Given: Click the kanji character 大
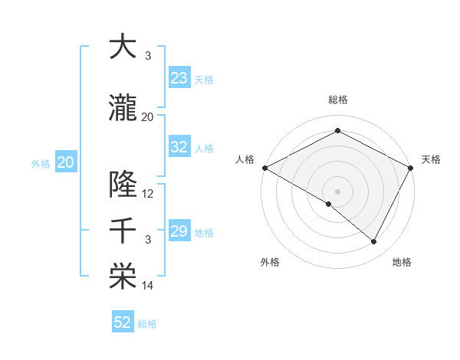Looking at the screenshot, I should coord(123,47).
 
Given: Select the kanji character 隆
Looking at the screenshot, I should coord(123,185).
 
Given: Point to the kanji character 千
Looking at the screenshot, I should coord(123,231).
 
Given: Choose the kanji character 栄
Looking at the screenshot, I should coord(123,277).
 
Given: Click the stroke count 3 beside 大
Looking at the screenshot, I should coord(148,56).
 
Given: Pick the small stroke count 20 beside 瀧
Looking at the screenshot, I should coord(148,117).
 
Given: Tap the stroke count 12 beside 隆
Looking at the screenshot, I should coord(148,194).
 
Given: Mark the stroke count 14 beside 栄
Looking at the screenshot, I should coord(148,286).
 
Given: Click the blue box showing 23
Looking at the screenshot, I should coord(179,77).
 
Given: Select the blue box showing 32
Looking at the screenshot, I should coord(179,147).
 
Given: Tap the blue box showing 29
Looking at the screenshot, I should coord(179,231).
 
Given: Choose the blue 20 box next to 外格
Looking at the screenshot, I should coord(65,162).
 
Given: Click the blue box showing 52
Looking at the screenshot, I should coord(123,322).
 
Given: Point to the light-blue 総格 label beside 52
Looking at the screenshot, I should coord(147,324).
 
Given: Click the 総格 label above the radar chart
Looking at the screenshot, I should coord(337,100).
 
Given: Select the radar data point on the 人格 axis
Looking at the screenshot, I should coord(264,168).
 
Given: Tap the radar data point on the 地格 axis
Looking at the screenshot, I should coord(374,242).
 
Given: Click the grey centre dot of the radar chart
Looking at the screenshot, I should coord(337,191).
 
